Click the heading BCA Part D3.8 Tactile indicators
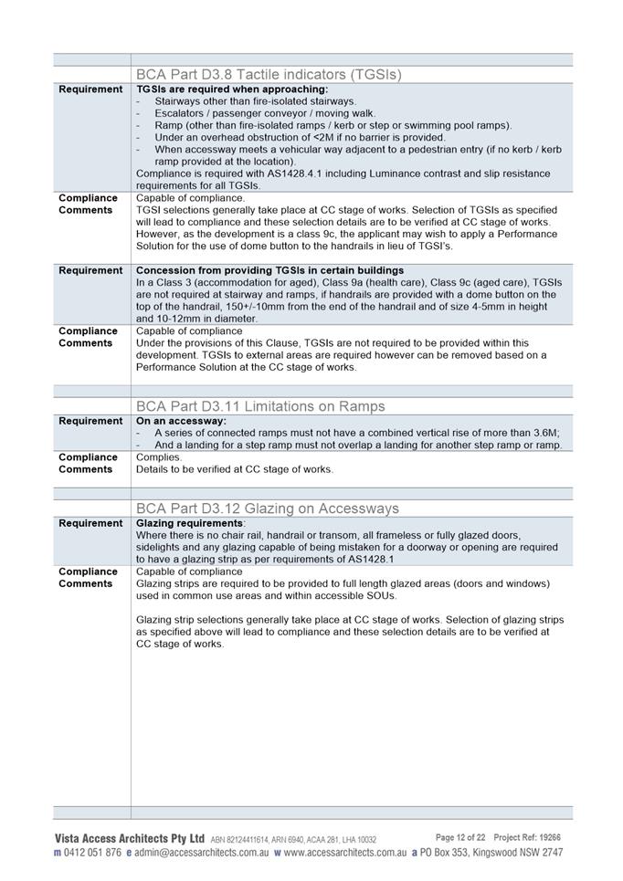(x=268, y=74)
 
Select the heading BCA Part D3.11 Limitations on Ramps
(x=260, y=406)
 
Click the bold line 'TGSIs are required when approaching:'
(x=231, y=89)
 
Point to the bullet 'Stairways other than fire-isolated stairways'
(x=255, y=101)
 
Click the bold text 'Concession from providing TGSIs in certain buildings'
(x=269, y=270)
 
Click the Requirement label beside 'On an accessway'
(x=90, y=421)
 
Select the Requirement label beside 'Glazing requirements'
(x=90, y=523)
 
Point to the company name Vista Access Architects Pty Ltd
(x=129, y=838)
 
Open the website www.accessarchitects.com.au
(x=344, y=853)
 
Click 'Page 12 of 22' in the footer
(x=460, y=837)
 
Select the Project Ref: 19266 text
(x=527, y=837)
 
